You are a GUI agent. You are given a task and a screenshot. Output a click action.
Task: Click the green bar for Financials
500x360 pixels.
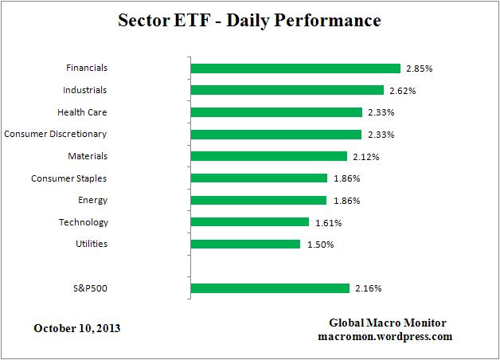tap(295, 68)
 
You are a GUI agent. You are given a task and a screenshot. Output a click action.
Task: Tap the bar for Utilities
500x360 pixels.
tap(246, 244)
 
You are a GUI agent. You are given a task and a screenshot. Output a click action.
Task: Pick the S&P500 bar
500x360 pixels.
tap(270, 288)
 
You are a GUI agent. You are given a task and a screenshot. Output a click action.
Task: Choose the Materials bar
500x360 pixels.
tap(269, 156)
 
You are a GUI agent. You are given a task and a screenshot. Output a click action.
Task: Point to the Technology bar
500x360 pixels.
tap(250, 222)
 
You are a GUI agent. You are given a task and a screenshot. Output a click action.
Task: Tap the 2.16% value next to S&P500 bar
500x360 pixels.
tap(366, 288)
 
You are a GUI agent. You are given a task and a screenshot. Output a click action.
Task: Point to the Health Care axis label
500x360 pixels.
tap(82, 112)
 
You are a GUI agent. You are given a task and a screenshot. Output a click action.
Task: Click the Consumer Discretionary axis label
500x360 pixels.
tap(56, 134)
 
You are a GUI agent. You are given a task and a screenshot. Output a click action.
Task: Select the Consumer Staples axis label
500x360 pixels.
tap(68, 178)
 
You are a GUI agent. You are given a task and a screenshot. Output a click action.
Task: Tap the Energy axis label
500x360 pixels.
tap(93, 200)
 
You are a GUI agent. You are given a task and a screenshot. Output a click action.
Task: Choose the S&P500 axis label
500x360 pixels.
tap(90, 288)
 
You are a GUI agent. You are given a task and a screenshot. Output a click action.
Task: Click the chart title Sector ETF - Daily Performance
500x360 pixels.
tap(249, 18)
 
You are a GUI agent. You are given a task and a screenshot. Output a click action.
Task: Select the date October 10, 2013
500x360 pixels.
tap(77, 328)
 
